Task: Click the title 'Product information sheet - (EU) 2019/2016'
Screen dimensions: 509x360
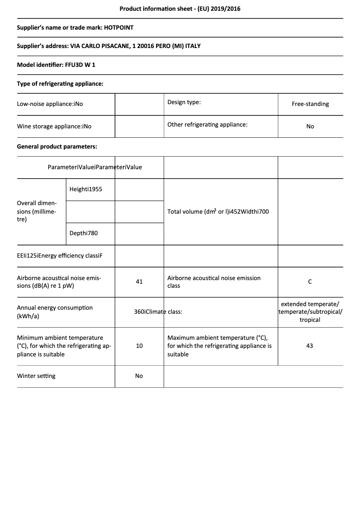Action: [180, 9]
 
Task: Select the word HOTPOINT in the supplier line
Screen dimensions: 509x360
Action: [119, 27]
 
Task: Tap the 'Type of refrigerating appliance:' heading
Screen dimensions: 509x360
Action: [60, 83]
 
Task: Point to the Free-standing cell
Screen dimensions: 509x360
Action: [310, 104]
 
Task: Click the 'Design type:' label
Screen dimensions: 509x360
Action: [184, 102]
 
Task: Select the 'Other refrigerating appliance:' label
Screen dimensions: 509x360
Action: [207, 124]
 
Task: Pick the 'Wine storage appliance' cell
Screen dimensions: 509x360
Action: [54, 126]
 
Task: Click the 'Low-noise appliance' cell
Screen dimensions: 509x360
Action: [50, 104]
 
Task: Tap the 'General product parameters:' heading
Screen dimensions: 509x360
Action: [57, 146]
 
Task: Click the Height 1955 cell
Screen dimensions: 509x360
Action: [86, 189]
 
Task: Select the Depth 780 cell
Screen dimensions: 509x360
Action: [83, 233]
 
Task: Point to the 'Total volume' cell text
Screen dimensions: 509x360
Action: [218, 211]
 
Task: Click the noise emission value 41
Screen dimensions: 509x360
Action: [139, 281]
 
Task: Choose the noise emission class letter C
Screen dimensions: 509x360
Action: [310, 281]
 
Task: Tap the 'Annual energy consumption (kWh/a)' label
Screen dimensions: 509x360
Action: [55, 312]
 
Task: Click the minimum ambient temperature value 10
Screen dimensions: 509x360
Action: [139, 346]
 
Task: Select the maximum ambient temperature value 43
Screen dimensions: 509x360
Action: [310, 346]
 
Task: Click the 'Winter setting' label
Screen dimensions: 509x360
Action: [36, 376]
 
